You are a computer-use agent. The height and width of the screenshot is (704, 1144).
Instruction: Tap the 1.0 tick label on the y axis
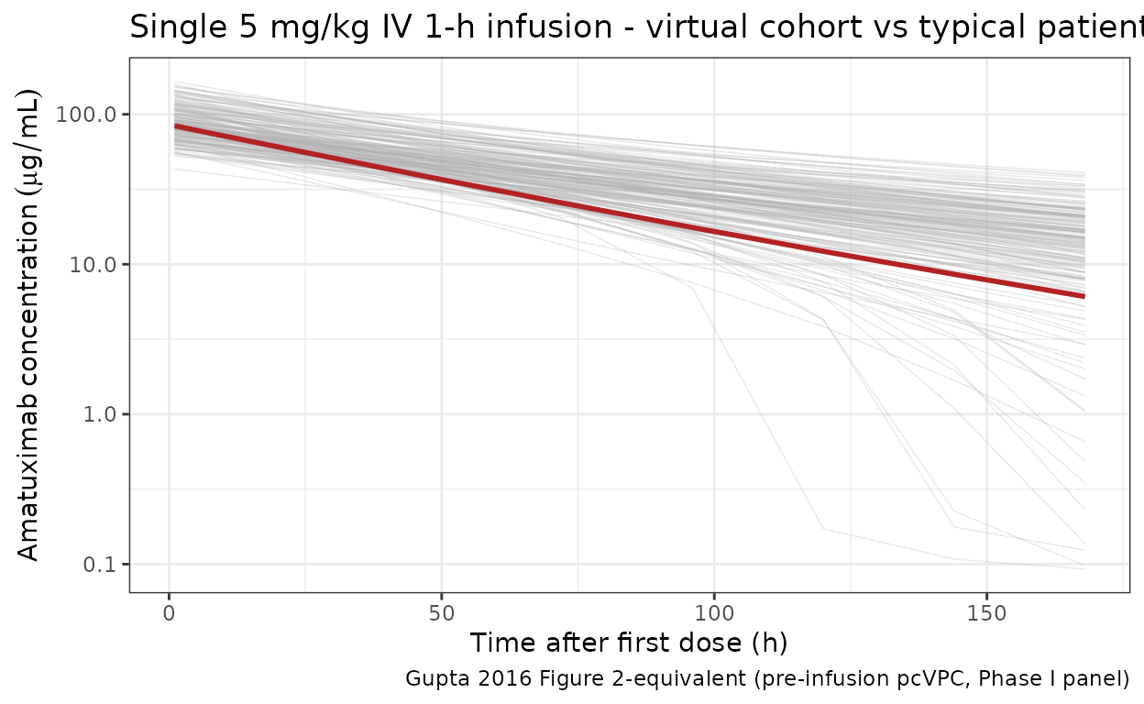point(104,414)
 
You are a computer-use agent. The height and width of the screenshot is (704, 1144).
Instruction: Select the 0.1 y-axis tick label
point(104,564)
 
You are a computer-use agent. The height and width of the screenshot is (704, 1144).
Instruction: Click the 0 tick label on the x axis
point(169,611)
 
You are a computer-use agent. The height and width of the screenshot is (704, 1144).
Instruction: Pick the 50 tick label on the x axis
point(442,611)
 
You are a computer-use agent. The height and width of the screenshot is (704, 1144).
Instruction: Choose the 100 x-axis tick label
point(714,611)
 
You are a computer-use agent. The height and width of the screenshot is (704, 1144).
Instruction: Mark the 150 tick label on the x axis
point(986,611)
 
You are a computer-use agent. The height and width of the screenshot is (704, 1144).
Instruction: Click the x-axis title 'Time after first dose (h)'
point(629,642)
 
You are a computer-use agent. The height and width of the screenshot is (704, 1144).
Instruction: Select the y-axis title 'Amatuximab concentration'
point(29,325)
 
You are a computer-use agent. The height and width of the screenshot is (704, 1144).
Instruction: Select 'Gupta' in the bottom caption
point(430,679)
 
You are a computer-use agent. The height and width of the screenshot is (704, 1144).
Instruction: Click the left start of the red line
point(175,126)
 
